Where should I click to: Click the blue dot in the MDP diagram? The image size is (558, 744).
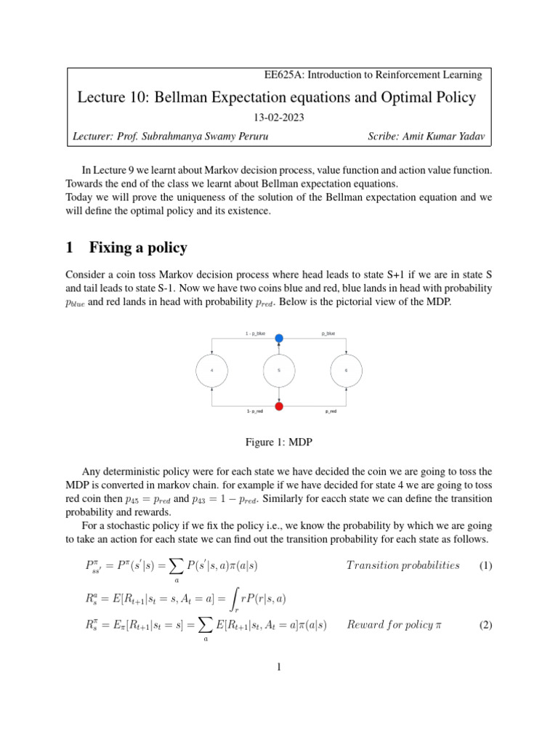[279, 338]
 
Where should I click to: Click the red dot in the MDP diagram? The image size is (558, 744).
[279, 405]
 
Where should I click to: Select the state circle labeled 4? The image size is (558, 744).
[211, 371]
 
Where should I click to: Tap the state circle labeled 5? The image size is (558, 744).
[279, 371]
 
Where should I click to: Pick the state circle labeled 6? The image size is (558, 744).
[346, 371]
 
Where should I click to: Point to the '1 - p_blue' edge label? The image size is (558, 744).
[255, 333]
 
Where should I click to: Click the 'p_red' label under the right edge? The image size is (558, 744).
[330, 411]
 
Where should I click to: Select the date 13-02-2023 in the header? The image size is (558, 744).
[278, 118]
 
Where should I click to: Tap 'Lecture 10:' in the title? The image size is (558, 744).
[113, 97]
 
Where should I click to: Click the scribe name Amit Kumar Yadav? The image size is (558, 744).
[445, 137]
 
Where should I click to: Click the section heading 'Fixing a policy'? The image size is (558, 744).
[138, 248]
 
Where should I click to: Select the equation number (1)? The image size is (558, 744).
[485, 565]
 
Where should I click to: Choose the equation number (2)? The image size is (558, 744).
[485, 625]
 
